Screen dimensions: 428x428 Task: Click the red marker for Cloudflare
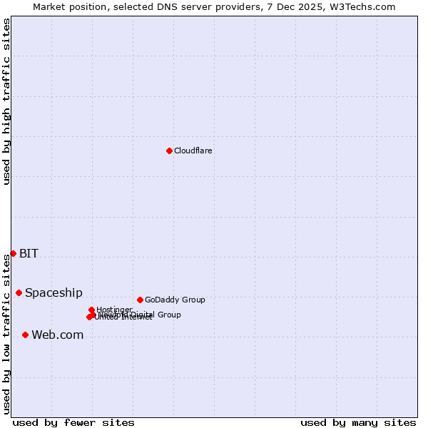click(169, 151)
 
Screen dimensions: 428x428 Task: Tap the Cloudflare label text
click(193, 151)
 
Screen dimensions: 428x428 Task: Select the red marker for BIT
click(13, 253)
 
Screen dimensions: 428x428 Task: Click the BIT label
click(29, 253)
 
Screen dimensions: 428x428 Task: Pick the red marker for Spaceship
click(19, 292)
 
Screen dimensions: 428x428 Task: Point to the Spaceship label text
click(53, 292)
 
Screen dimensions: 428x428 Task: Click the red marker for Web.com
click(25, 335)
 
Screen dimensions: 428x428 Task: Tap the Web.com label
click(57, 335)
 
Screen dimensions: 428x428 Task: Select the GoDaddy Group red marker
click(140, 300)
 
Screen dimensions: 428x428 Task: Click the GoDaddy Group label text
click(175, 300)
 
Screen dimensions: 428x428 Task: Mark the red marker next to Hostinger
click(91, 310)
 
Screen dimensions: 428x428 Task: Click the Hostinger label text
click(114, 310)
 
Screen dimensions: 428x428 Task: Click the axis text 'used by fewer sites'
click(73, 422)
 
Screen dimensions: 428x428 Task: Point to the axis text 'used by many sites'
click(358, 422)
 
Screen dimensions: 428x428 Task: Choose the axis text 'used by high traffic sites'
click(6, 101)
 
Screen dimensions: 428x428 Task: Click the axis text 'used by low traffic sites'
click(6, 333)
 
